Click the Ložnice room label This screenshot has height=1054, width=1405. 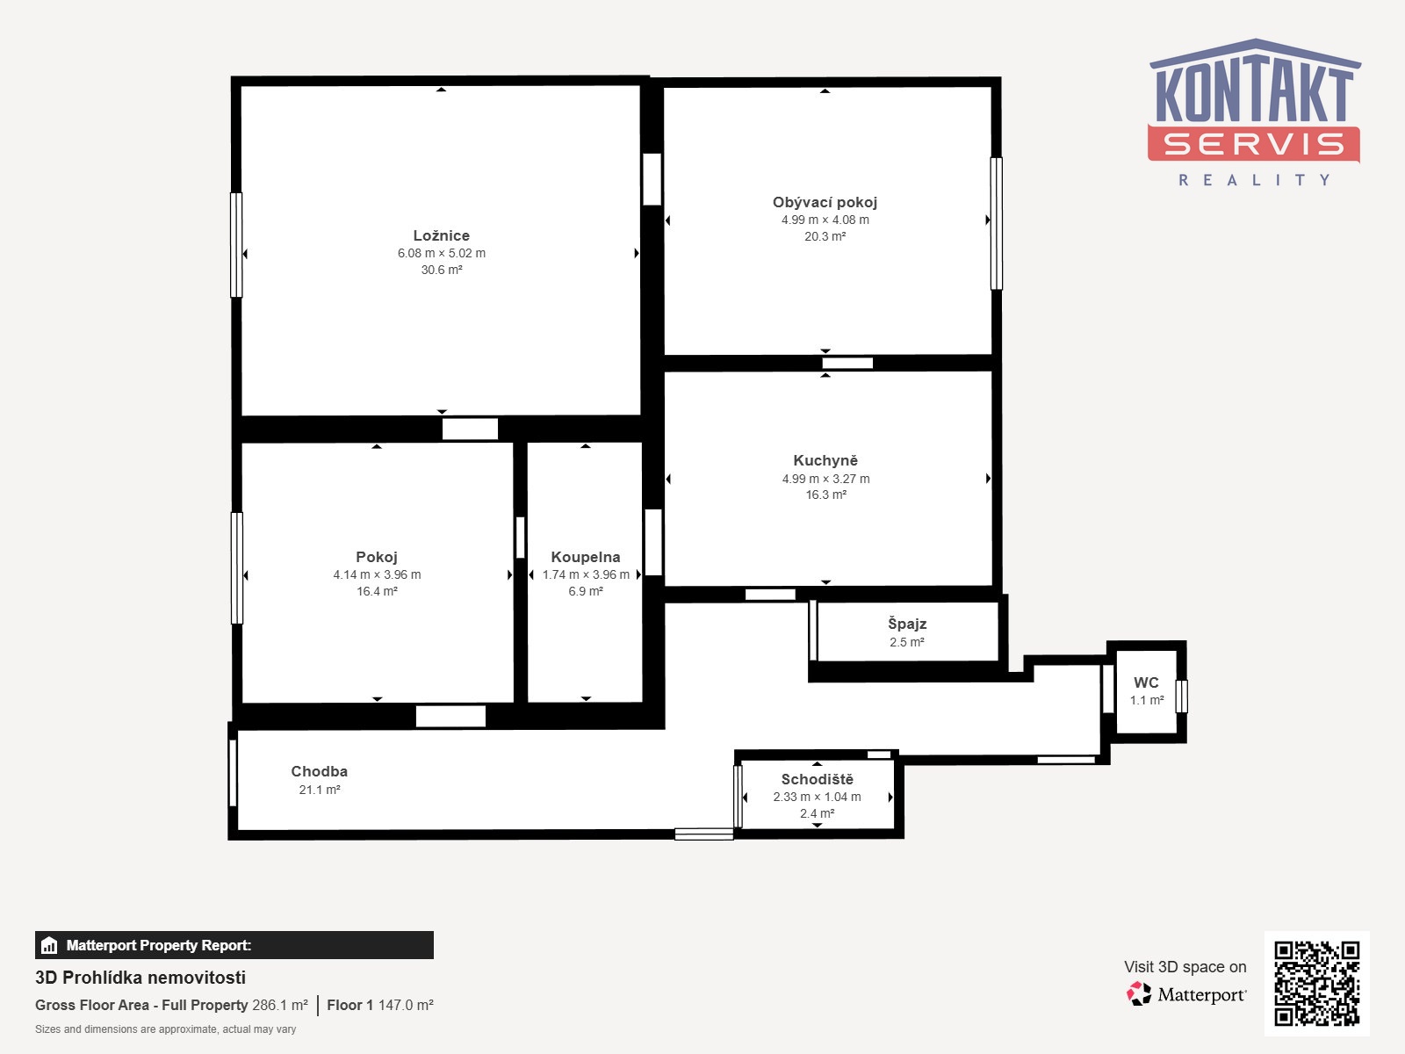441,235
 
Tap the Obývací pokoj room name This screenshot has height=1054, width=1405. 825,202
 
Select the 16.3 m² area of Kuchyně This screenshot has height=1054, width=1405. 825,495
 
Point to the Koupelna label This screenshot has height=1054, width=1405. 586,558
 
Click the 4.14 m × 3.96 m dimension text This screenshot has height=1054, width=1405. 377,574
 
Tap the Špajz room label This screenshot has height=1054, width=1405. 907,624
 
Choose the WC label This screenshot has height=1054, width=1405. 1146,682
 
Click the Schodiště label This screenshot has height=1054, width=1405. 818,779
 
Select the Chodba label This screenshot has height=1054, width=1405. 320,772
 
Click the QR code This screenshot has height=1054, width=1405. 1316,984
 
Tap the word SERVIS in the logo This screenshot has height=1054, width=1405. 1253,144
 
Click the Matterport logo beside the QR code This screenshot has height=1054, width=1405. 1186,994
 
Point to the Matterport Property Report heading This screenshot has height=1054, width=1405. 159,945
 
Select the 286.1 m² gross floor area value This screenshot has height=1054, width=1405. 280,1006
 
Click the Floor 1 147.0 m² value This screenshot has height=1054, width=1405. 380,1006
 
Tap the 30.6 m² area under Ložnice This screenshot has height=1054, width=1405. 442,270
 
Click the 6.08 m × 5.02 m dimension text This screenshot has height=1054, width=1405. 442,254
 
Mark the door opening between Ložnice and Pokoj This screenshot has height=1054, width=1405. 470,429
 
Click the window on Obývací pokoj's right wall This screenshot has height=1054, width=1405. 996,223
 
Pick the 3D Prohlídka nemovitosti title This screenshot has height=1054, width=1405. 140,978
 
